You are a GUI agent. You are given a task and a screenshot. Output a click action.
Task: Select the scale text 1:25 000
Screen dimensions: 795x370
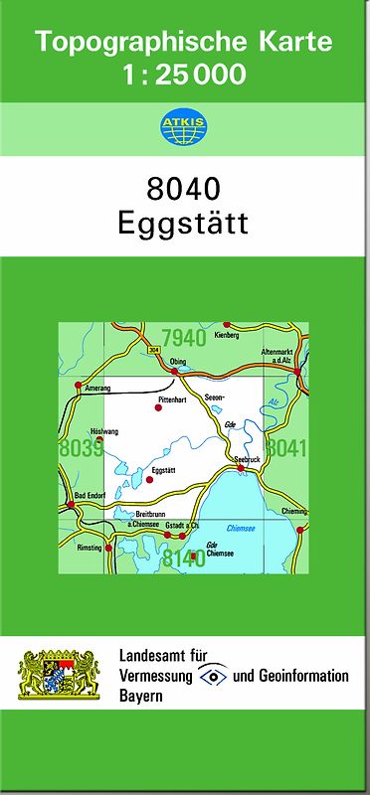pyautogui.click(x=184, y=74)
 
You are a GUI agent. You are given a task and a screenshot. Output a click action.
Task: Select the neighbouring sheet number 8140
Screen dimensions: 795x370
pyautogui.click(x=183, y=557)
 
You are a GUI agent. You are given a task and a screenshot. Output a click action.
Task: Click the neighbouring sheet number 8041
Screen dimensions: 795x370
pyautogui.click(x=287, y=448)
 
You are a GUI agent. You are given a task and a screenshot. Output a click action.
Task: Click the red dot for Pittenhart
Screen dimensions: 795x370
pyautogui.click(x=158, y=407)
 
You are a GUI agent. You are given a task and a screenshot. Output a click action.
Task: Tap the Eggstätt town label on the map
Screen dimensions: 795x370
pyautogui.click(x=164, y=469)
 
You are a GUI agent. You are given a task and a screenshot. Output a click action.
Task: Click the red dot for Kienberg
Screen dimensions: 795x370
pyautogui.click(x=227, y=325)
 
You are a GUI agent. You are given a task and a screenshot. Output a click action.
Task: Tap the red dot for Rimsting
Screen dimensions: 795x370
pyautogui.click(x=108, y=547)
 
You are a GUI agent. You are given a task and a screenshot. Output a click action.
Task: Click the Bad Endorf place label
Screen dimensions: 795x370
pyautogui.click(x=91, y=494)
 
